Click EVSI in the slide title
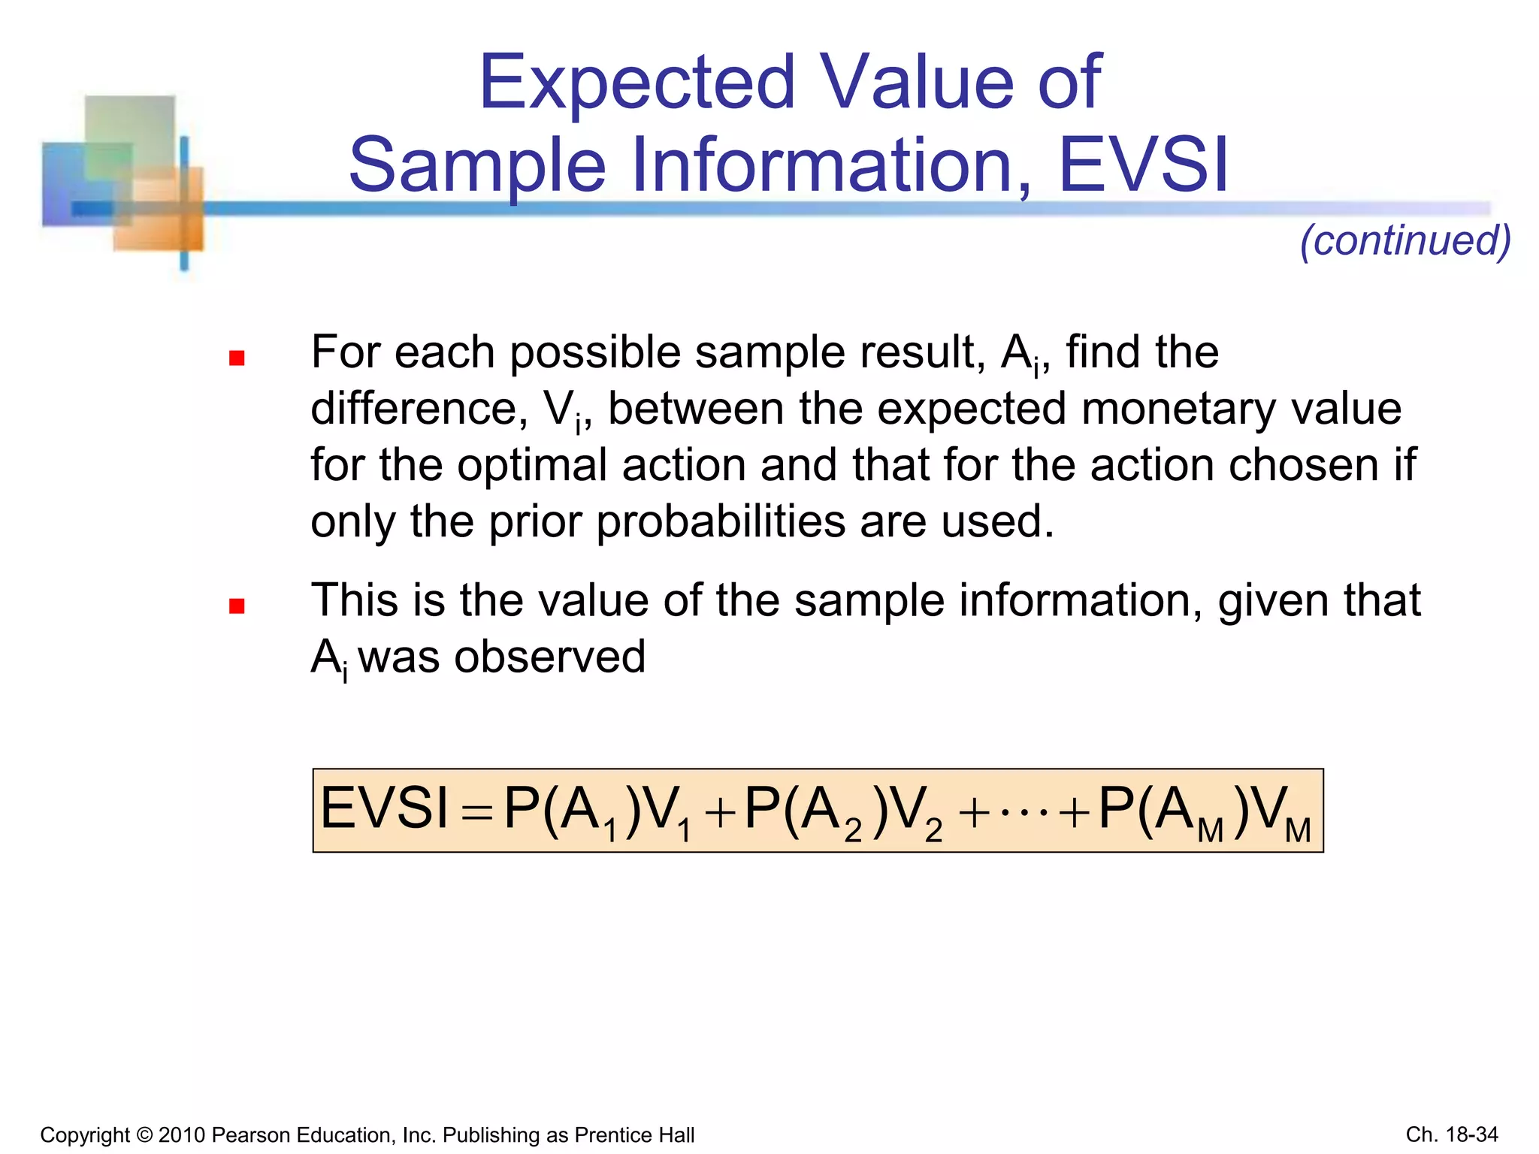[x=1143, y=165]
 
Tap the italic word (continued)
[x=1405, y=240]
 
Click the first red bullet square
[x=237, y=358]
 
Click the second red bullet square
[x=237, y=606]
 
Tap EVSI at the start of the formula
[x=384, y=809]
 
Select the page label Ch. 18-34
[x=1451, y=1134]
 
